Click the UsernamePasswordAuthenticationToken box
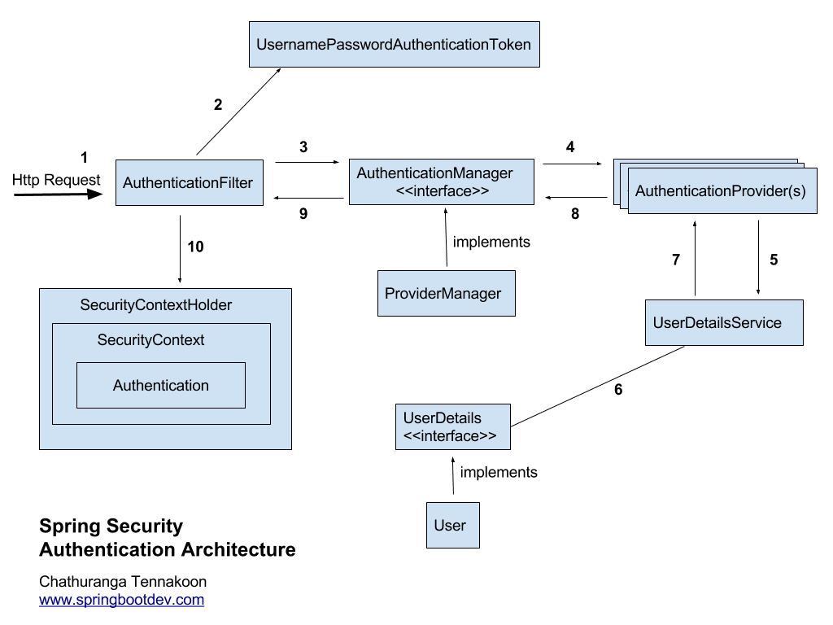pyautogui.click(x=394, y=45)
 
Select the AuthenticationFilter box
pyautogui.click(x=188, y=182)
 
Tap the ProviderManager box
pyautogui.click(x=447, y=293)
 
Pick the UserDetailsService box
pyautogui.click(x=723, y=323)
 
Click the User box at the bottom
pyautogui.click(x=452, y=525)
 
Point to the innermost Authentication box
pyautogui.click(x=161, y=385)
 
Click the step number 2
pyautogui.click(x=217, y=104)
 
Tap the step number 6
pyautogui.click(x=618, y=390)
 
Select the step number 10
pyautogui.click(x=195, y=247)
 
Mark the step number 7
pyautogui.click(x=675, y=260)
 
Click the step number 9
pyautogui.click(x=303, y=215)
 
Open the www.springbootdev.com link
pyautogui.click(x=122, y=601)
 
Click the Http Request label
pyautogui.click(x=57, y=180)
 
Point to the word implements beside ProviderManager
pyautogui.click(x=491, y=242)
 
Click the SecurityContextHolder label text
pyautogui.click(x=156, y=305)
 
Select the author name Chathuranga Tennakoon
pyautogui.click(x=123, y=581)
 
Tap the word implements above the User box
pyautogui.click(x=499, y=472)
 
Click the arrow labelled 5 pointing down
pyautogui.click(x=758, y=257)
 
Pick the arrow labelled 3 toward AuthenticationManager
pyautogui.click(x=307, y=162)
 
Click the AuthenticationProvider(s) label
pyautogui.click(x=721, y=192)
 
